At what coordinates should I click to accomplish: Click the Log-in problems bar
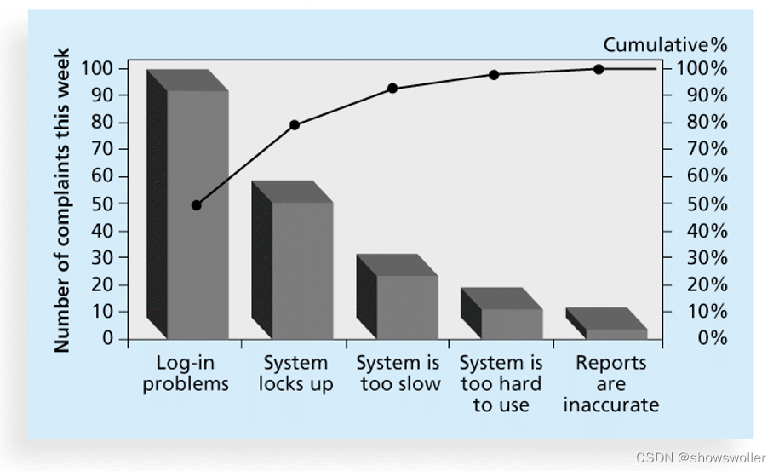click(x=197, y=213)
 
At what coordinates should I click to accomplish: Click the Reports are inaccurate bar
click(x=615, y=332)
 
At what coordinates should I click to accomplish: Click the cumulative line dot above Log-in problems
click(x=197, y=205)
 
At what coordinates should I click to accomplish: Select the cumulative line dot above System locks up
click(x=295, y=125)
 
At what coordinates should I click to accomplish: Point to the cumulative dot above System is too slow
click(x=392, y=89)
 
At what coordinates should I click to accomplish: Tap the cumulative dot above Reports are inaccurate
click(x=599, y=69)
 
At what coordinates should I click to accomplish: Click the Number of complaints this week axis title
click(x=61, y=201)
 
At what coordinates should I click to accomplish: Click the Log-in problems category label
click(x=186, y=373)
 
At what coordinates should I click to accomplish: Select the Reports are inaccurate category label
click(x=610, y=383)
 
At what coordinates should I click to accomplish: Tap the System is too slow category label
click(x=399, y=373)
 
